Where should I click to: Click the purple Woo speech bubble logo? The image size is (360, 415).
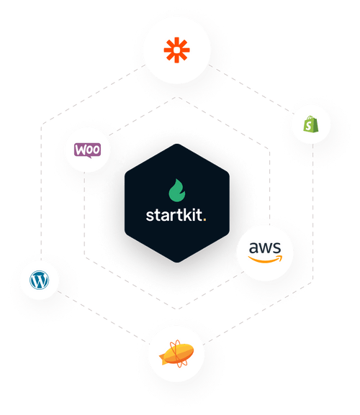[89, 151]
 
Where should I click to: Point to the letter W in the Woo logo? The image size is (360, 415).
[81, 150]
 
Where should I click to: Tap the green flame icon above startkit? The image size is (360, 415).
[176, 191]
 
